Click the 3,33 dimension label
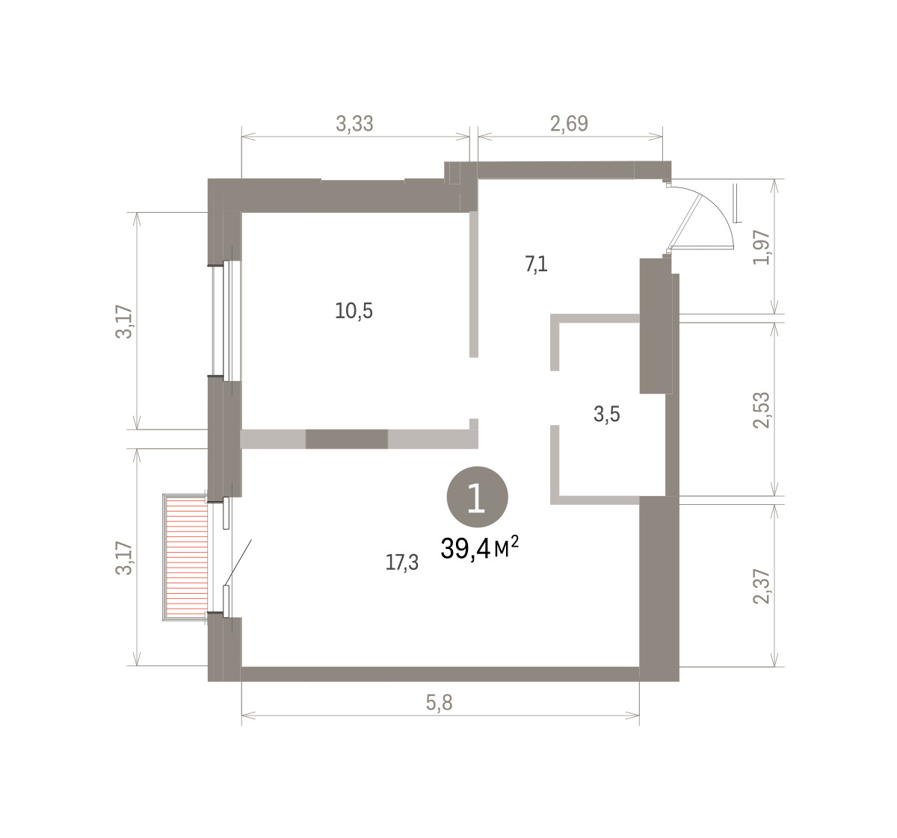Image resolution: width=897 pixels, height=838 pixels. pyautogui.click(x=354, y=123)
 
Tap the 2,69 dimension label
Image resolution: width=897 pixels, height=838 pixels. pyautogui.click(x=569, y=123)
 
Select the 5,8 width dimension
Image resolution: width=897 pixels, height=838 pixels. pyautogui.click(x=439, y=703)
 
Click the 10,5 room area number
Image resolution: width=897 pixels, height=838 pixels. pyautogui.click(x=354, y=311)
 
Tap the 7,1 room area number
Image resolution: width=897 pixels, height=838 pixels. pyautogui.click(x=536, y=264)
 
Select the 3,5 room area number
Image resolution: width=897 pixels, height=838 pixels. pyautogui.click(x=606, y=414)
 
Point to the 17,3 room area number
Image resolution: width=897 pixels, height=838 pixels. pyautogui.click(x=402, y=563)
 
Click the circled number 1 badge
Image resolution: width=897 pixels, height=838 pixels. pyautogui.click(x=478, y=497)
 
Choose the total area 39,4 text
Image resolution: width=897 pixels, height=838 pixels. pyautogui.click(x=466, y=549)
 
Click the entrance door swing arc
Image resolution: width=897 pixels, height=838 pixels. pyautogui.click(x=718, y=211)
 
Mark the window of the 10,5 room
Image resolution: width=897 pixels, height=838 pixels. pyautogui.click(x=226, y=321)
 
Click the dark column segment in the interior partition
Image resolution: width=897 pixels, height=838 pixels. pyautogui.click(x=346, y=439)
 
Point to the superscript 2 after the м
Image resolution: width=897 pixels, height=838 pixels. pyautogui.click(x=514, y=541)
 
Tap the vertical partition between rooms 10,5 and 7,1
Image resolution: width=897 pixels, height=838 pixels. pyautogui.click(x=473, y=285)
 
